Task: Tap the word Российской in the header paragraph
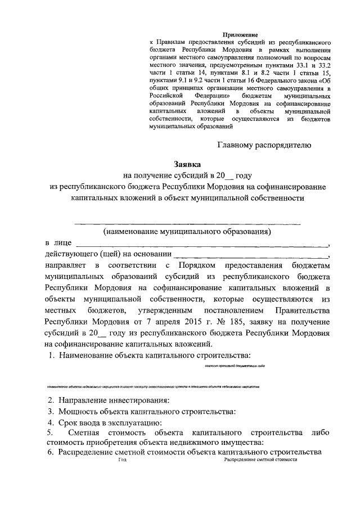pyautogui.click(x=167, y=96)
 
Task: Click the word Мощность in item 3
pyautogui.click(x=76, y=411)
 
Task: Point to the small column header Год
pyautogui.click(x=123, y=460)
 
